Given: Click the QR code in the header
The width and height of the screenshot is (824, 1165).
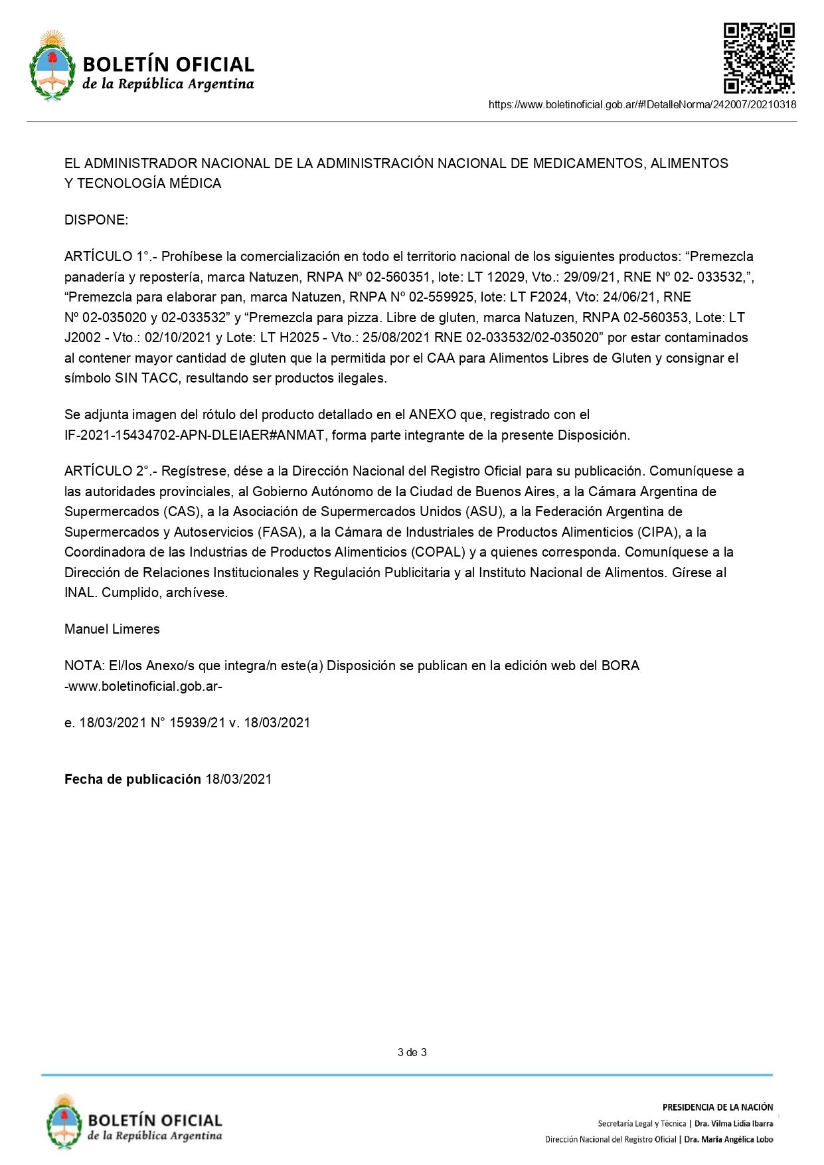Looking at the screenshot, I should click(758, 58).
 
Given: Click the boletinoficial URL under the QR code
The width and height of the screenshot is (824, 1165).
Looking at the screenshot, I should click(642, 104).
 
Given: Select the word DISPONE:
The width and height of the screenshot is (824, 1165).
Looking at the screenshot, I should click(96, 220).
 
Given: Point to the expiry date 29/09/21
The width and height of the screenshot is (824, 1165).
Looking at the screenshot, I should click(590, 277).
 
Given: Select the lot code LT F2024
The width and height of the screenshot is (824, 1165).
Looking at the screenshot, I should click(538, 297).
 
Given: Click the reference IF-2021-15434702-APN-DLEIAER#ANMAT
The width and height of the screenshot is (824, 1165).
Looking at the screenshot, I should click(195, 435).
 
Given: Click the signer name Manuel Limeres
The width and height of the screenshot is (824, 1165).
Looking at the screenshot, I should click(112, 629).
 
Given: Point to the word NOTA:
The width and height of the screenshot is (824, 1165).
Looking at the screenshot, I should click(84, 666).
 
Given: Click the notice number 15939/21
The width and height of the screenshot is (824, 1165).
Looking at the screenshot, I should click(197, 723).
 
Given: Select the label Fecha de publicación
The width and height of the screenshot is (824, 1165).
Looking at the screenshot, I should click(132, 779).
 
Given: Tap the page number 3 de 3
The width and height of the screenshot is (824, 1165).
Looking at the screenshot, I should click(412, 1052).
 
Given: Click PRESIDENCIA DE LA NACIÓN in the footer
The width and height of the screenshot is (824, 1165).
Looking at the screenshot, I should click(717, 1107).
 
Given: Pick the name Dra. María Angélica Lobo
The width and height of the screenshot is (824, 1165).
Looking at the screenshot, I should click(728, 1140).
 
